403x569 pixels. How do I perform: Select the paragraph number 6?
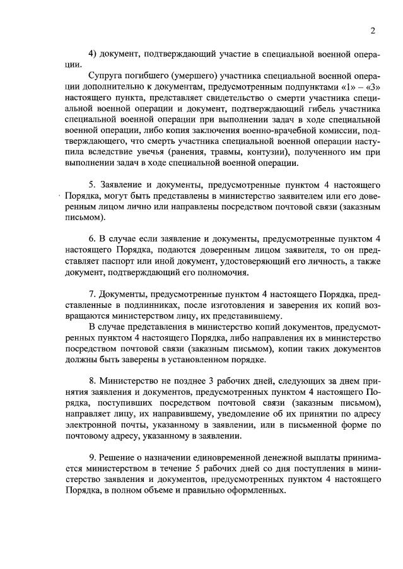click(93, 239)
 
